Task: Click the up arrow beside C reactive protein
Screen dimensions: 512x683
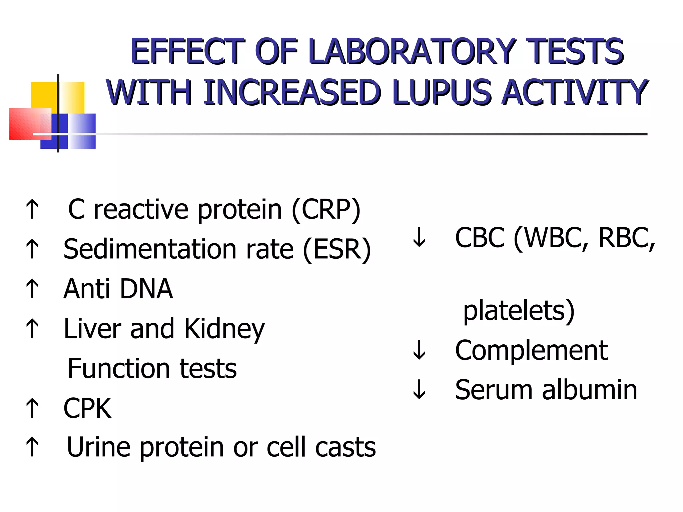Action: tap(32, 209)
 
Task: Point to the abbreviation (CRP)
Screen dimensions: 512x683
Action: tap(326, 210)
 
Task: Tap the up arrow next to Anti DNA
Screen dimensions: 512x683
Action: tap(32, 289)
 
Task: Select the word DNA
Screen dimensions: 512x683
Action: tap(146, 289)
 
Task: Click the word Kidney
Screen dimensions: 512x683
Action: tap(224, 329)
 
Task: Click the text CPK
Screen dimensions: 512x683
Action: tap(87, 408)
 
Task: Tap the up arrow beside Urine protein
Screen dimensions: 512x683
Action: tap(32, 447)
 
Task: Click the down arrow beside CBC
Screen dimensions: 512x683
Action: tap(419, 237)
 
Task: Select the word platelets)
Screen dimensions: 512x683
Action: tap(519, 311)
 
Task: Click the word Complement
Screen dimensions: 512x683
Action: tap(531, 350)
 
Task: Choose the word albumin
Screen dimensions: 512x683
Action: tap(590, 390)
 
